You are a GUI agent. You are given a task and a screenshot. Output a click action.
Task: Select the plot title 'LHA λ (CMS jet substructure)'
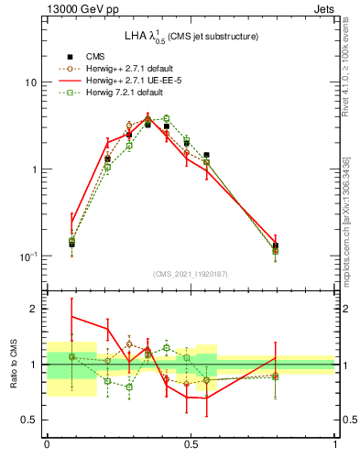point(191,36)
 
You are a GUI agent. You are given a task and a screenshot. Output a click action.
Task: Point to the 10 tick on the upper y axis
point(29,82)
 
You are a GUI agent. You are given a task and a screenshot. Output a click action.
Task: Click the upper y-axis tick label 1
point(33,169)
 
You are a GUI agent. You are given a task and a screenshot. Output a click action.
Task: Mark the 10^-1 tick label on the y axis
point(28,256)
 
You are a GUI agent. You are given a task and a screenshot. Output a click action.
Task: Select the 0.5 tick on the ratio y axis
point(28,420)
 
